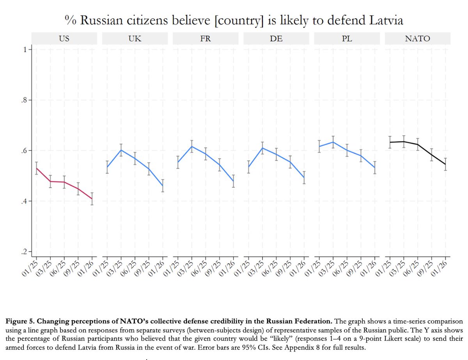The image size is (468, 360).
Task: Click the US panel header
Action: [x=64, y=39]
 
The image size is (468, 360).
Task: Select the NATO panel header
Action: [x=418, y=39]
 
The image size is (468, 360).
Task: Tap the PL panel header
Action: [x=347, y=39]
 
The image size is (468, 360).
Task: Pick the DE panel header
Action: [x=277, y=39]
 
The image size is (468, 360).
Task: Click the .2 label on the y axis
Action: [x=24, y=252]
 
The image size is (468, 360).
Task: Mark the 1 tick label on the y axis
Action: [x=25, y=50]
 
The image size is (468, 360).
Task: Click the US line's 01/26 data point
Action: [x=92, y=199]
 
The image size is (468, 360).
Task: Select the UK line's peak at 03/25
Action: [x=121, y=150]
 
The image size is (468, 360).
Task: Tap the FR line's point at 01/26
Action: [x=233, y=181]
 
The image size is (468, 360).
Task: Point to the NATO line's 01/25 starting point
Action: [x=390, y=142]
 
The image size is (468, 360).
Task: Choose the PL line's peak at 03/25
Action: [x=333, y=142]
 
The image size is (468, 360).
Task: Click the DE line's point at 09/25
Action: [x=290, y=162]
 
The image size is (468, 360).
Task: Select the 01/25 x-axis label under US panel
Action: [x=30, y=268]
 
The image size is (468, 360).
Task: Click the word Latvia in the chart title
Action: [x=386, y=20]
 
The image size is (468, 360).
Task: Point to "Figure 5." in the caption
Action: [x=20, y=321]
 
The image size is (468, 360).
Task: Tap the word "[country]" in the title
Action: [x=239, y=21]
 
